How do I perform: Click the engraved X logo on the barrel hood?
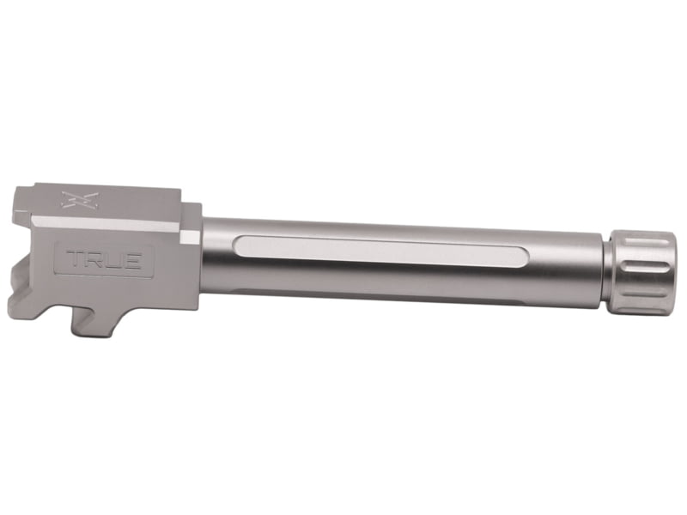point(80,200)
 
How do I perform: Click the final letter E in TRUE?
point(131,260)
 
